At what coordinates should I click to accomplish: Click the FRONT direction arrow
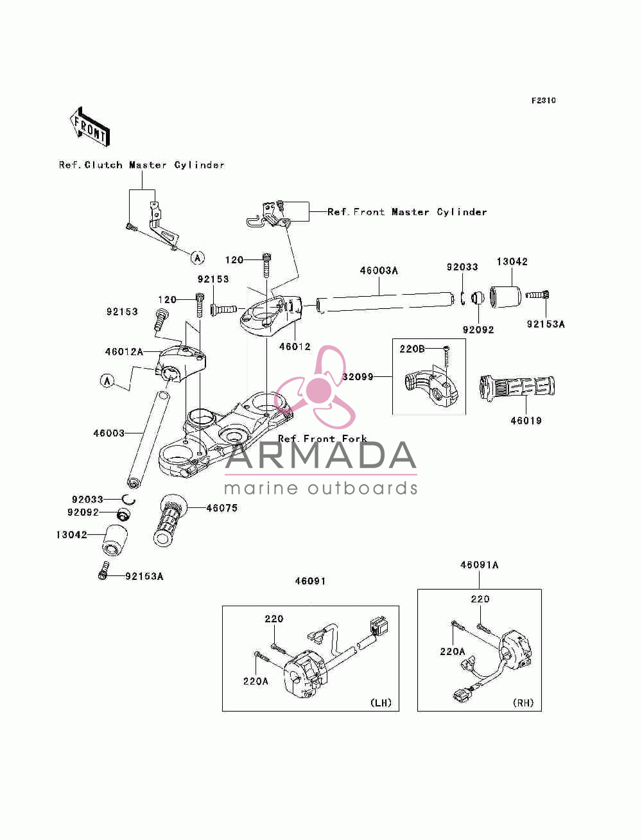tap(90, 127)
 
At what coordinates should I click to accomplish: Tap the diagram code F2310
tap(543, 101)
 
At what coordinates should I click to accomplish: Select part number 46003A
tap(379, 270)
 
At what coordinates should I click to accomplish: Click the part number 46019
tap(526, 421)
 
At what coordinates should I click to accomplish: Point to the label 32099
tap(358, 377)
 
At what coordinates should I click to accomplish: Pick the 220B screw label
tap(412, 349)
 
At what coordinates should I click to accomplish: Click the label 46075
tap(222, 508)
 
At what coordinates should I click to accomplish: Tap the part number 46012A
tap(124, 352)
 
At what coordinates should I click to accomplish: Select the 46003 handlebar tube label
tap(109, 433)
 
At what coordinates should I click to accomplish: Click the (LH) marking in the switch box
tap(381, 703)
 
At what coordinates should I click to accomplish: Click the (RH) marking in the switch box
tap(523, 703)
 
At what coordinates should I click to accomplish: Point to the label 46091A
tap(480, 565)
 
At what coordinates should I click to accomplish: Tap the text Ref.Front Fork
tap(322, 439)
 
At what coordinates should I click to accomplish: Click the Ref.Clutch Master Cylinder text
tap(142, 165)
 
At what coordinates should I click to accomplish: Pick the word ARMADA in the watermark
tap(320, 455)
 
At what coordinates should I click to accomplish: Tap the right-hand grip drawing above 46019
tap(517, 387)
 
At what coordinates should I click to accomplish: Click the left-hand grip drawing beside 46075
tap(169, 520)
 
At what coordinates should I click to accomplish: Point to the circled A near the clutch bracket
tap(198, 258)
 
